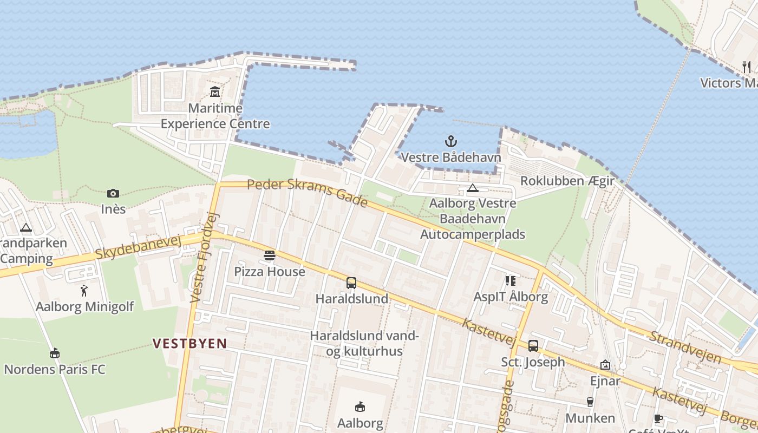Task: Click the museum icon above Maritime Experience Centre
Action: [215, 91]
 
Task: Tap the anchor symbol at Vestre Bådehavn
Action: [450, 141]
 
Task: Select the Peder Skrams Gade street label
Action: [308, 192]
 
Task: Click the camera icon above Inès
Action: [113, 193]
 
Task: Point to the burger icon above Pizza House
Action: [270, 255]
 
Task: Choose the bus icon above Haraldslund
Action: [351, 283]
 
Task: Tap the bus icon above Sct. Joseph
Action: [533, 345]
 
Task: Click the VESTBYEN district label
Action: [190, 343]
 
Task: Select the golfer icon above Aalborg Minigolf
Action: [84, 291]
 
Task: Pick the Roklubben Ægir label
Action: [567, 181]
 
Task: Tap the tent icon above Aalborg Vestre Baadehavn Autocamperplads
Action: [473, 188]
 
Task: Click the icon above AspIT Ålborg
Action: [510, 280]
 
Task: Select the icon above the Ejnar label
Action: [605, 365]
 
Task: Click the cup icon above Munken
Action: [590, 402]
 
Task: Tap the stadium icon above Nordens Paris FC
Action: [54, 353]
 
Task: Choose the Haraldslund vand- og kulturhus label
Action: [364, 343]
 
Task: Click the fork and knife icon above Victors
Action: [747, 67]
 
